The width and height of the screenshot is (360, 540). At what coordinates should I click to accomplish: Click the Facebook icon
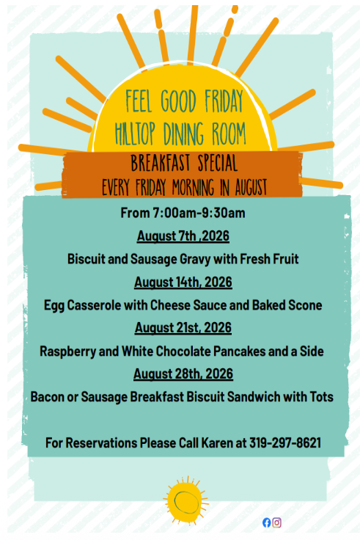point(266,522)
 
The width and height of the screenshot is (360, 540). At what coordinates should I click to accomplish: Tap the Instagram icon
point(276,522)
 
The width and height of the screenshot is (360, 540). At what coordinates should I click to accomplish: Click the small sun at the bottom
point(185,500)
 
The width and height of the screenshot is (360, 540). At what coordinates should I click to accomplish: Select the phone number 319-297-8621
point(285,443)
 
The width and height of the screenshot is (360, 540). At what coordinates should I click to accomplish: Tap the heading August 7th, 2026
point(183,236)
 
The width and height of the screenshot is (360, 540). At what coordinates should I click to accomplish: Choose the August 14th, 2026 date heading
point(183,282)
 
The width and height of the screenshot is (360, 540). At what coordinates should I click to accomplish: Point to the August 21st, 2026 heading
point(183,328)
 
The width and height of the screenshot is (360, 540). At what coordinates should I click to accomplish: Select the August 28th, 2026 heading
point(183,374)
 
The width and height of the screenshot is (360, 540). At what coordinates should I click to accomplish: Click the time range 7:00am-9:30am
point(199,214)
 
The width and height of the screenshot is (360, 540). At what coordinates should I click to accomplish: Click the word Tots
point(321,397)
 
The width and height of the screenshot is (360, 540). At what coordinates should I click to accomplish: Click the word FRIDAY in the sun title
point(224,101)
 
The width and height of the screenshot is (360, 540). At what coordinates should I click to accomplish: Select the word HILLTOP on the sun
point(135,134)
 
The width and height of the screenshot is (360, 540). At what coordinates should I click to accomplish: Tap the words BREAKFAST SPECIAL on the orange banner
point(184,163)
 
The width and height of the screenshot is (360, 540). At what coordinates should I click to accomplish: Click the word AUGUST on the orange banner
point(251,187)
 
